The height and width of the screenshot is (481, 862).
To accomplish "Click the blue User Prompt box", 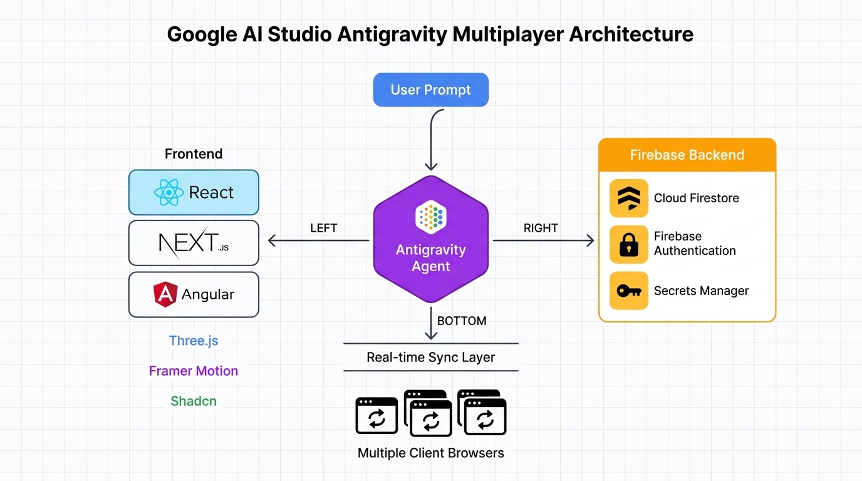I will [x=430, y=90].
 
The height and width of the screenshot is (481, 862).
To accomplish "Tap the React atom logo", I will [x=169, y=192].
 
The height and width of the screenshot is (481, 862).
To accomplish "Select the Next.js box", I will [x=194, y=243].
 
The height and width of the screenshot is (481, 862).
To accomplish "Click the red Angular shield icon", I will [x=165, y=294].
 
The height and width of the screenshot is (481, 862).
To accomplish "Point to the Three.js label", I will [x=194, y=341].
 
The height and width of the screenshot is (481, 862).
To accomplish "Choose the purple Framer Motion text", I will [x=194, y=371].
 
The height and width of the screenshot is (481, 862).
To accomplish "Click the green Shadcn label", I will [x=194, y=401].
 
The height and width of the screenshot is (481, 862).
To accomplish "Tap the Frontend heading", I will [x=194, y=153].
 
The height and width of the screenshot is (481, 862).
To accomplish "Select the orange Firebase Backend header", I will [x=687, y=155].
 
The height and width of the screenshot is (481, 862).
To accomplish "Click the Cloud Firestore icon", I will [x=628, y=198].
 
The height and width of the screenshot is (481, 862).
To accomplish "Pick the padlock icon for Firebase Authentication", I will [x=628, y=244].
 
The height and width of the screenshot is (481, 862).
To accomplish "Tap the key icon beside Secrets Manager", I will [x=628, y=291].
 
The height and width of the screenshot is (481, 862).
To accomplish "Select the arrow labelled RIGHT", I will [x=543, y=240].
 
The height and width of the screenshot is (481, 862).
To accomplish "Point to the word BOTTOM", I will [x=462, y=321].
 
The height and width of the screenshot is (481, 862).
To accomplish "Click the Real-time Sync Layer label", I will [x=431, y=357].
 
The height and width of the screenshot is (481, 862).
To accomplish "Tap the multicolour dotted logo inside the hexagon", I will [x=430, y=216].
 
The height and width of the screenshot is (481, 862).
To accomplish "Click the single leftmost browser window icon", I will [x=376, y=415].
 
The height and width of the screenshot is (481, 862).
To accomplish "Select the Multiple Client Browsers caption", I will [x=431, y=452].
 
